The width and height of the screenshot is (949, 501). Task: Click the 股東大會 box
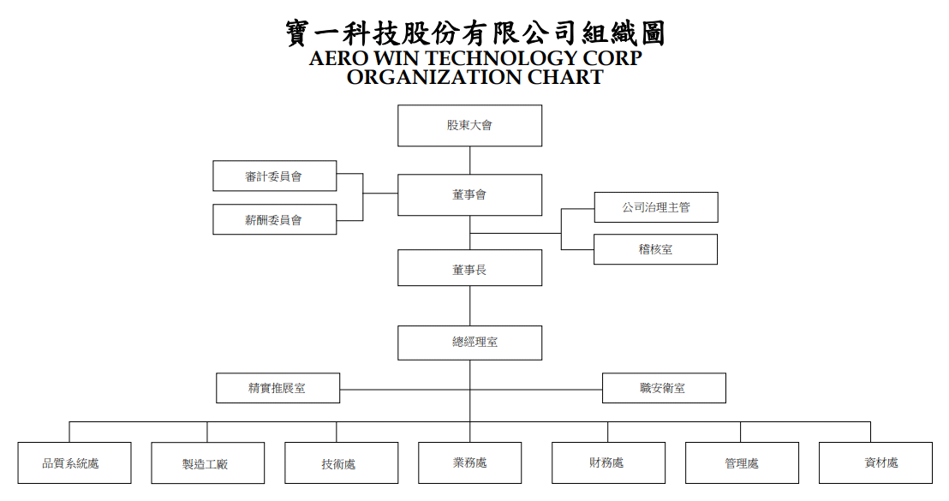[x=469, y=125]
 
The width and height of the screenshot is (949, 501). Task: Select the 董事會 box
[x=469, y=195]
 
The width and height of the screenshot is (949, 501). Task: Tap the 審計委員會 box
[x=275, y=176]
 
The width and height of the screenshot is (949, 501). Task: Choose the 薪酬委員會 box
[x=275, y=219]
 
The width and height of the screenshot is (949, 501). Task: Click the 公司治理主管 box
[x=656, y=207]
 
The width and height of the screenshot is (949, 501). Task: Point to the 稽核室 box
[x=655, y=249]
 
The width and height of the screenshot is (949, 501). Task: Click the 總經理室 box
[x=469, y=343]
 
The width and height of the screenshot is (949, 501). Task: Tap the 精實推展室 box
[x=278, y=388]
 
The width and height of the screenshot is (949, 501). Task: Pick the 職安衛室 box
[x=664, y=388]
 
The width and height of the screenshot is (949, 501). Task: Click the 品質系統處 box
[x=75, y=462]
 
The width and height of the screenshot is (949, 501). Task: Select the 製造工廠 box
[x=207, y=462]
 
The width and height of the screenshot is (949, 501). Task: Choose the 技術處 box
[x=342, y=462]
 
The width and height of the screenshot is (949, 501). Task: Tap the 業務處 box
[x=469, y=462]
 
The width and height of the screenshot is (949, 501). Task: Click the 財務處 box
[x=608, y=462]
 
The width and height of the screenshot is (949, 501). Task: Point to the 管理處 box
[x=742, y=462]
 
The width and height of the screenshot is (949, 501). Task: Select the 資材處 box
[x=875, y=462]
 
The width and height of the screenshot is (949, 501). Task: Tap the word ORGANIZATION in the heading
[x=434, y=77]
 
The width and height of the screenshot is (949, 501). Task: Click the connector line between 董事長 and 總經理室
[x=469, y=306]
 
